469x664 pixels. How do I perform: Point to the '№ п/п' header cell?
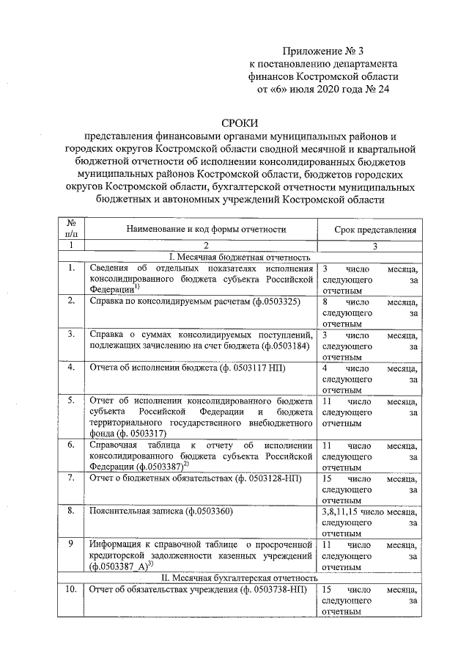point(71,227)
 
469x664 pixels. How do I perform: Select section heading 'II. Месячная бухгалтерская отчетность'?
point(240,577)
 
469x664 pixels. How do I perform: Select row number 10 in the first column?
point(71,589)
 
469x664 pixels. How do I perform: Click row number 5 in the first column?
point(71,401)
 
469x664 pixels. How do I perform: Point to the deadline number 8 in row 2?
point(325,301)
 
